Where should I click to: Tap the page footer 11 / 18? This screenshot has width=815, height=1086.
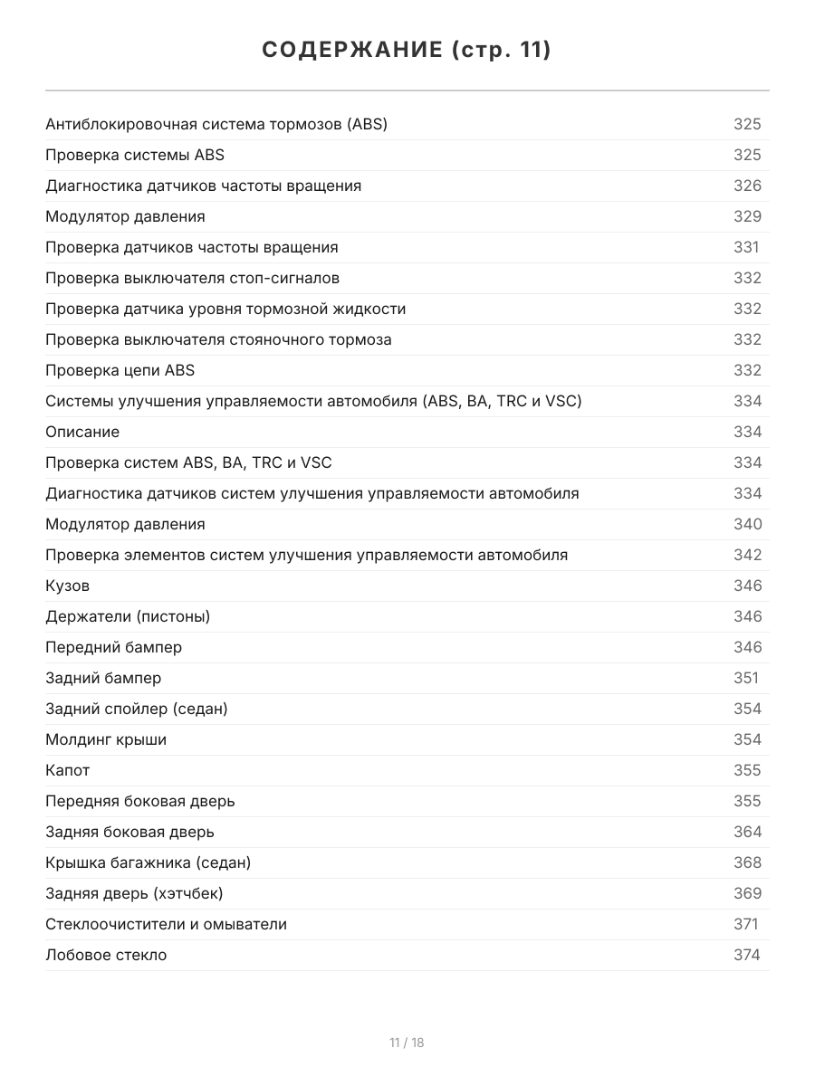(x=407, y=1043)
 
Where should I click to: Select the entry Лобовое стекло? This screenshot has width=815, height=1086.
(x=106, y=955)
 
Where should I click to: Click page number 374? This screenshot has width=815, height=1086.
(x=747, y=955)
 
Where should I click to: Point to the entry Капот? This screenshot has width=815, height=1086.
(x=68, y=770)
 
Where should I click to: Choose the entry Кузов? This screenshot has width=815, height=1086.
(x=68, y=586)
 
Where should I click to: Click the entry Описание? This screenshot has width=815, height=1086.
(x=82, y=432)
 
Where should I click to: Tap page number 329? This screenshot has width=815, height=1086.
(x=747, y=216)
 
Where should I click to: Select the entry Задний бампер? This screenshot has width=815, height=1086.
(x=103, y=678)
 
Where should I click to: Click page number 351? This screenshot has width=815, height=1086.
(x=746, y=678)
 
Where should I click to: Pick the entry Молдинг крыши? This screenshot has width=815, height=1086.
(x=106, y=739)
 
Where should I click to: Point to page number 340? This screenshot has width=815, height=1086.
(x=747, y=524)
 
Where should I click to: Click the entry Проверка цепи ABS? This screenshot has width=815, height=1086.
(x=120, y=370)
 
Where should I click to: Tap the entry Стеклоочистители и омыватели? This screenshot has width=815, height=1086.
(x=166, y=924)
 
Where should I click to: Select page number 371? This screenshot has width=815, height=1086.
(x=746, y=924)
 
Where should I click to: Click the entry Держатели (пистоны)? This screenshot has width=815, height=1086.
(x=128, y=616)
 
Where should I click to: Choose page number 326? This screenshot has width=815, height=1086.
(x=747, y=186)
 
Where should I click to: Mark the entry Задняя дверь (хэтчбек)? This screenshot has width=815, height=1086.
(x=134, y=893)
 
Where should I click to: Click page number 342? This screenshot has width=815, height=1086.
(x=747, y=555)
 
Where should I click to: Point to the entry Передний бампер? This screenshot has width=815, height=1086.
(x=113, y=647)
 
